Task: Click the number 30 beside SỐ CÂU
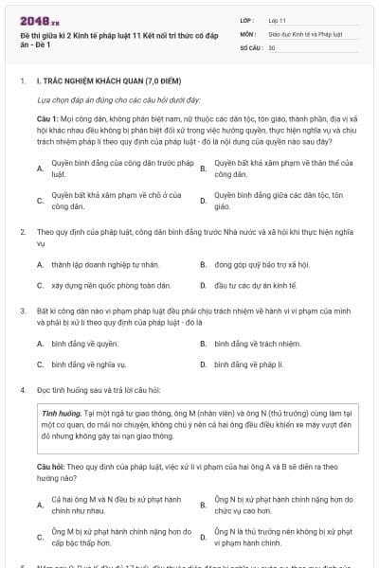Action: tap(272, 46)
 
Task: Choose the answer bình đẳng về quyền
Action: tap(85, 343)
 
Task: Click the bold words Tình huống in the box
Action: tap(63, 414)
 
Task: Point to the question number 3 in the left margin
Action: tap(22, 310)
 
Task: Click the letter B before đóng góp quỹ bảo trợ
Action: tap(204, 264)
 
